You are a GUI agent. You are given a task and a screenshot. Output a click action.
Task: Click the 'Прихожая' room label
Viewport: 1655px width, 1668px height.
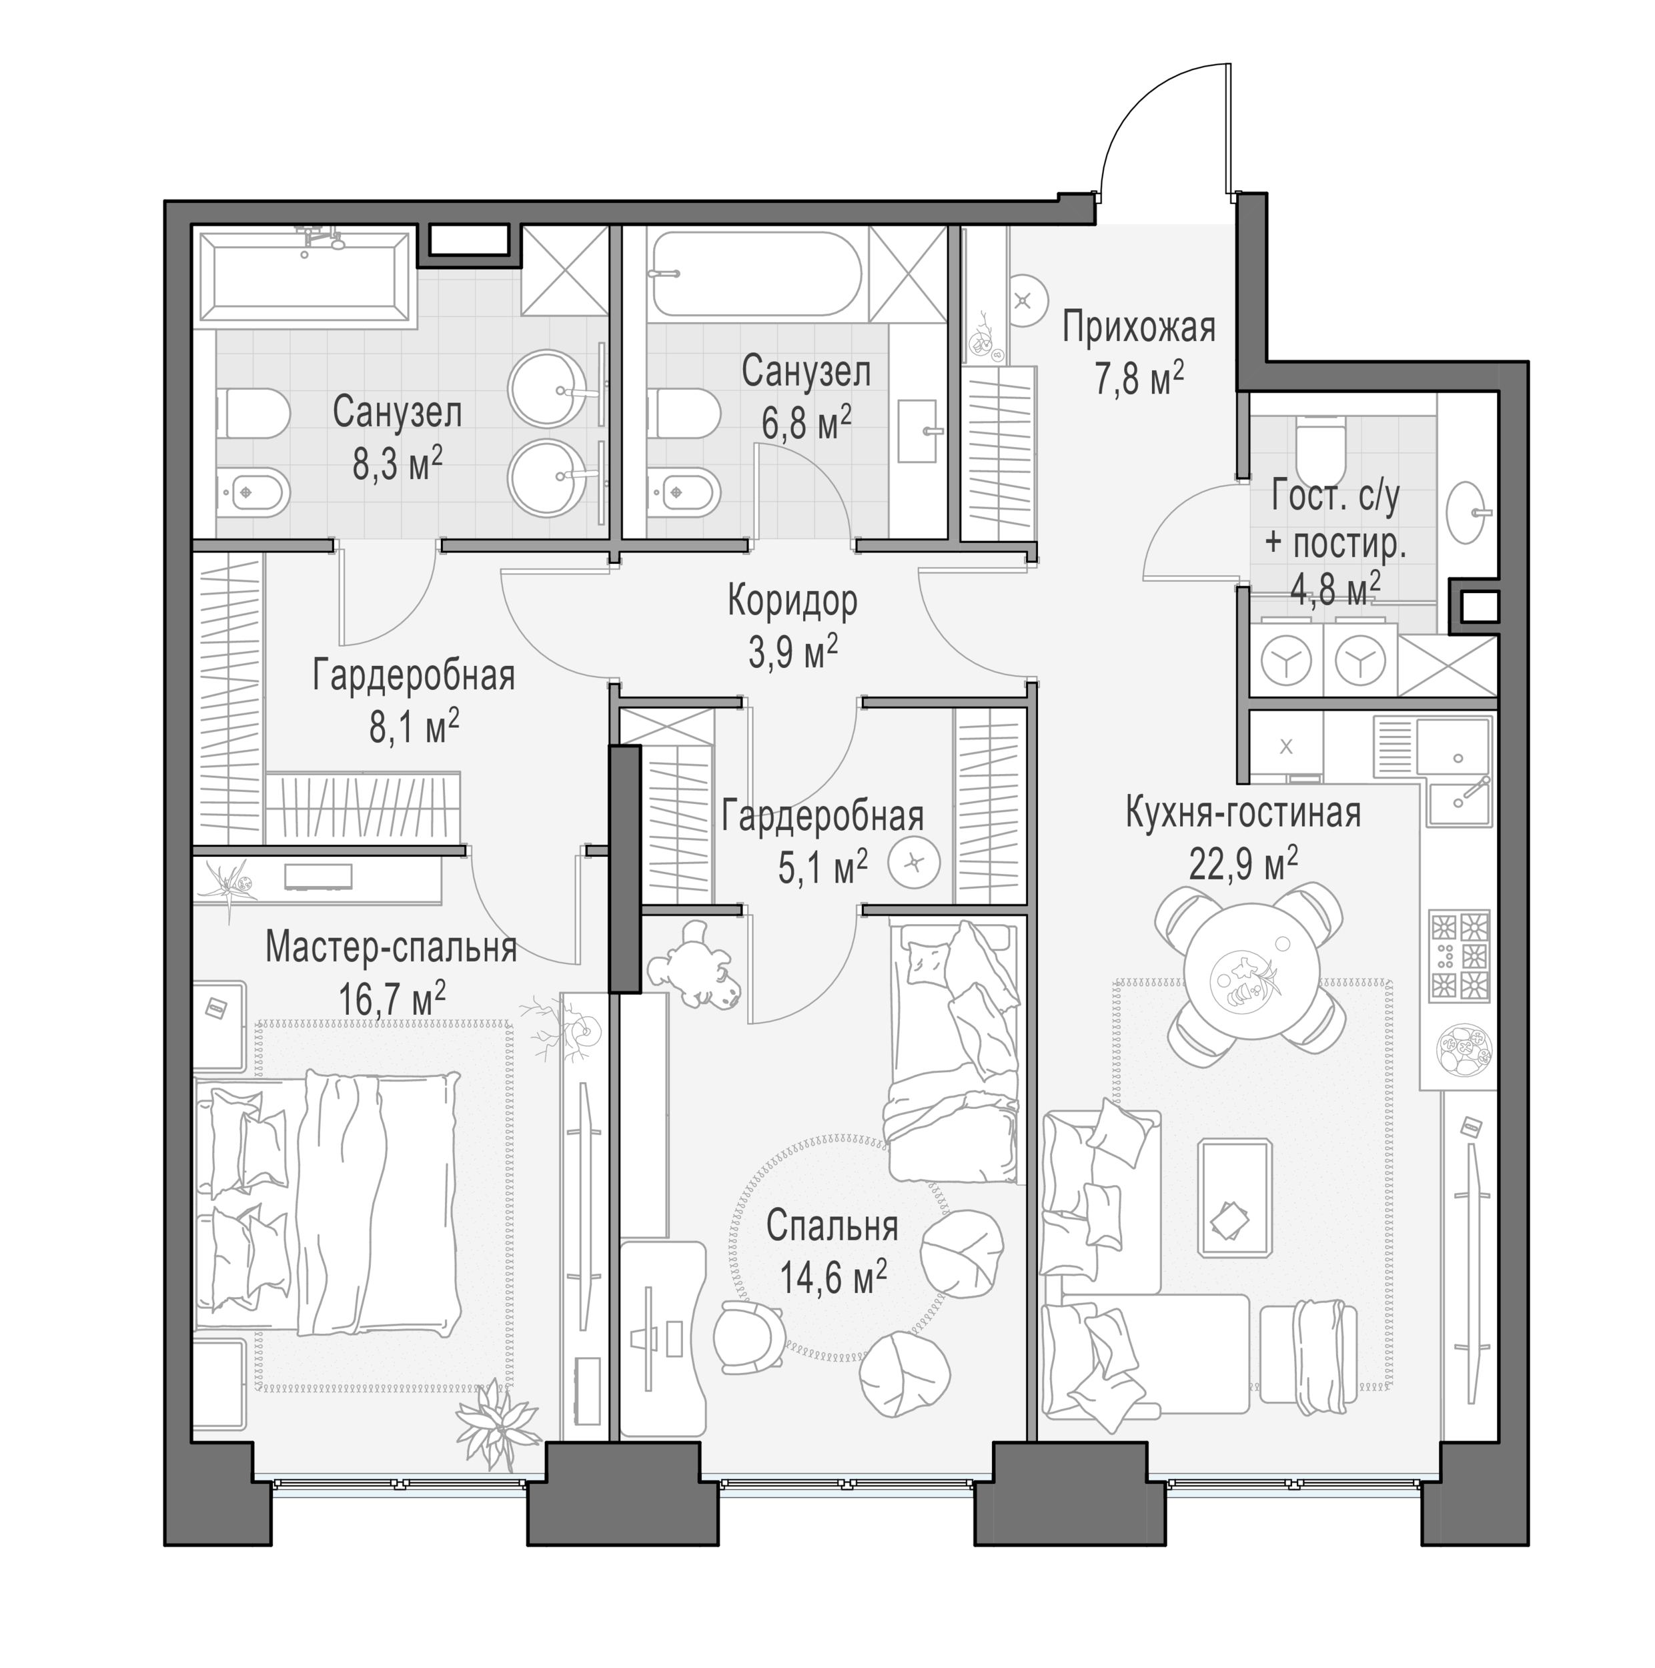[1138, 329]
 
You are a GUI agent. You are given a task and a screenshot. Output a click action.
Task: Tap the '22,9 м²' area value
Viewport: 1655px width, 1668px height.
[1243, 863]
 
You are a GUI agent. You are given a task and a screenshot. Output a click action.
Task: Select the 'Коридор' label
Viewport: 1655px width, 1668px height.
[792, 602]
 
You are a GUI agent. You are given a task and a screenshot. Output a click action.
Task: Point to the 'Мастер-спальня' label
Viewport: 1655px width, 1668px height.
[391, 947]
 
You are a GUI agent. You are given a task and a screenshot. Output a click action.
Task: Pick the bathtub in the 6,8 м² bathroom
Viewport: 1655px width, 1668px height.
[756, 272]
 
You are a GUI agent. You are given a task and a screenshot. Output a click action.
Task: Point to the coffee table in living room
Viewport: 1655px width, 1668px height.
[1235, 1196]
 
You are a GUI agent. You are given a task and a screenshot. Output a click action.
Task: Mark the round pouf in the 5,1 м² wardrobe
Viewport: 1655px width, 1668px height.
[915, 861]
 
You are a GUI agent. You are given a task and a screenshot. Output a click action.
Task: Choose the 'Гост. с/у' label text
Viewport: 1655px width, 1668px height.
[1335, 497]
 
